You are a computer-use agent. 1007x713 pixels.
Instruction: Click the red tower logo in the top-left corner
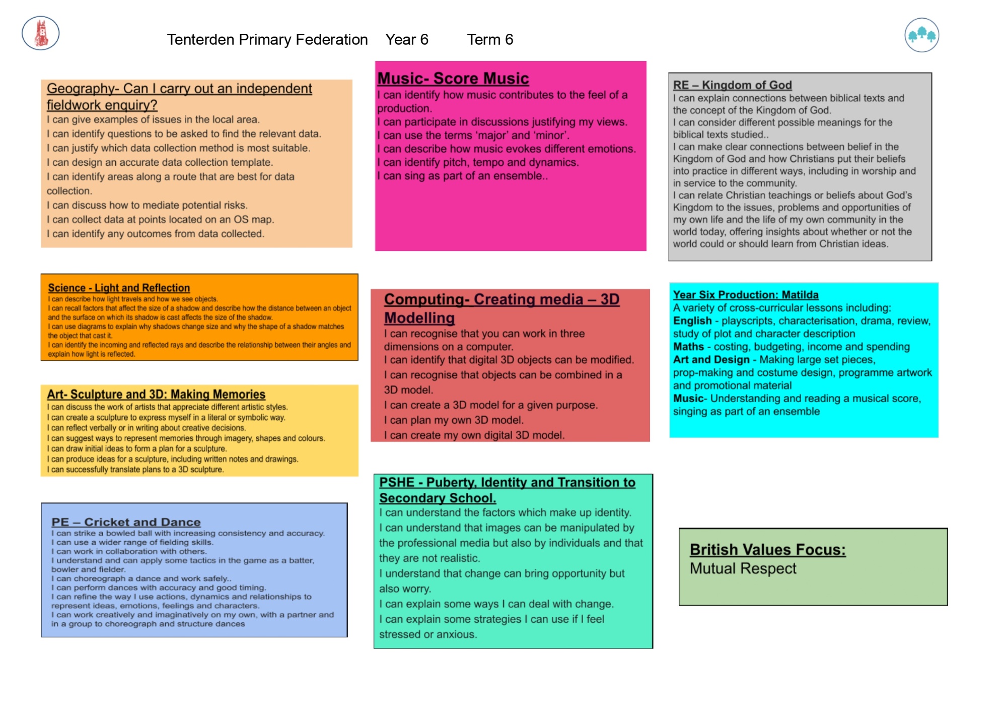pos(41,33)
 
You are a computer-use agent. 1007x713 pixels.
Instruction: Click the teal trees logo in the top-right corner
pos(921,35)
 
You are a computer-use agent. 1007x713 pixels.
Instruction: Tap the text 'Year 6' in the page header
pos(407,39)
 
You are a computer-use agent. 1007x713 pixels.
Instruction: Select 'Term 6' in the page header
pos(490,39)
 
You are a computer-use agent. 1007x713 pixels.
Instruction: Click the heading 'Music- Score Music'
pos(453,78)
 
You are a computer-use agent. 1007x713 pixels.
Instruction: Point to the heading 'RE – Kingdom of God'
pos(733,85)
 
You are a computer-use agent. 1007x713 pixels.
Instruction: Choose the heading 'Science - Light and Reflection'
pos(119,288)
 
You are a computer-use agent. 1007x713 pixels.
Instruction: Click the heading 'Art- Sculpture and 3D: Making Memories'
pos(156,394)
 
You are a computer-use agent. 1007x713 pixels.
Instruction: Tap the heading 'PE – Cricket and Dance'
pos(126,522)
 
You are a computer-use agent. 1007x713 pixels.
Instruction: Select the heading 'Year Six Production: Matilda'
pos(746,295)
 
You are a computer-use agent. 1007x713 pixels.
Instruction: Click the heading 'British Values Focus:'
pos(768,549)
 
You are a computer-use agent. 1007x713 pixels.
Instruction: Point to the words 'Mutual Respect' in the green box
pos(743,568)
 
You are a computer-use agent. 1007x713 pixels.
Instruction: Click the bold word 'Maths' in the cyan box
pos(688,347)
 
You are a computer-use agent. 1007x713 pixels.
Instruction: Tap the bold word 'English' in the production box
pos(692,321)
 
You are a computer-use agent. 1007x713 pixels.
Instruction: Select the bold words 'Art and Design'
pos(711,360)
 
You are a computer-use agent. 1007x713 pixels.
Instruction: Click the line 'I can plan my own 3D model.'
pos(454,420)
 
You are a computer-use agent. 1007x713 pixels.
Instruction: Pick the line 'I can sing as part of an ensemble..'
pos(462,176)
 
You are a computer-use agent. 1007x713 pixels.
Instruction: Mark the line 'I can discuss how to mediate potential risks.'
pos(147,205)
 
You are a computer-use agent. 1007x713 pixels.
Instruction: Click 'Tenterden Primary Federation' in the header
pos(267,39)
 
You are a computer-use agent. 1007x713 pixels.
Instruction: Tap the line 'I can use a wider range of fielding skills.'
pos(132,542)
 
